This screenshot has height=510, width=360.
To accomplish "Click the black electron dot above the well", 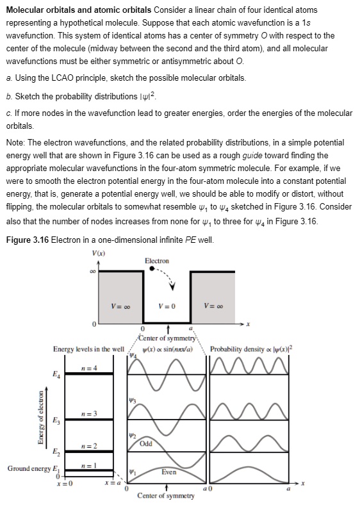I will [x=151, y=269].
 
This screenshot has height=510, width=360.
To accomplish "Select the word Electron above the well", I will [x=157, y=261].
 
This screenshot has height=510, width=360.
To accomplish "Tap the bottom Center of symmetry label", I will [x=166, y=496].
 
